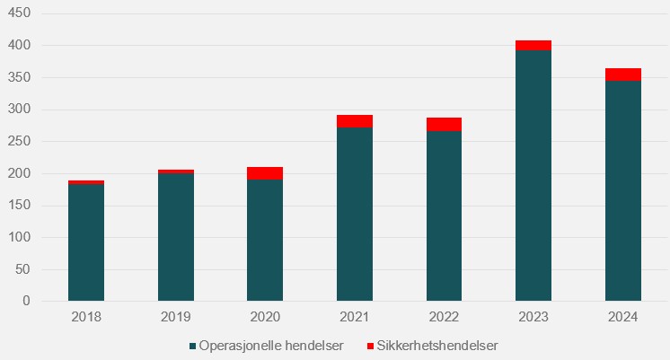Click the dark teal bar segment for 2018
coord(86,242)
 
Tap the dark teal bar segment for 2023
coord(533,175)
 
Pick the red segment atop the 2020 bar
coord(265,173)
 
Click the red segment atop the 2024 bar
coord(623,75)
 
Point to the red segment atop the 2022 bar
coord(444,124)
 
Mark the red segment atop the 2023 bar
coord(533,45)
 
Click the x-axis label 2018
coord(86,317)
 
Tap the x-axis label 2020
coord(265,317)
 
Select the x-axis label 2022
coord(444,317)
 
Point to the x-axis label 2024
coord(623,317)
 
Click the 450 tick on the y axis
coord(20,13)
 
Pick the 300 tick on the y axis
coord(20,110)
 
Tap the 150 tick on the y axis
coord(20,206)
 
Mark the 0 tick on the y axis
coord(27,302)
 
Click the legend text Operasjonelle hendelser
coord(270,346)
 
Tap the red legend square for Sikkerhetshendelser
coord(372,346)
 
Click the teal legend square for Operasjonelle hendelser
coord(192,346)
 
